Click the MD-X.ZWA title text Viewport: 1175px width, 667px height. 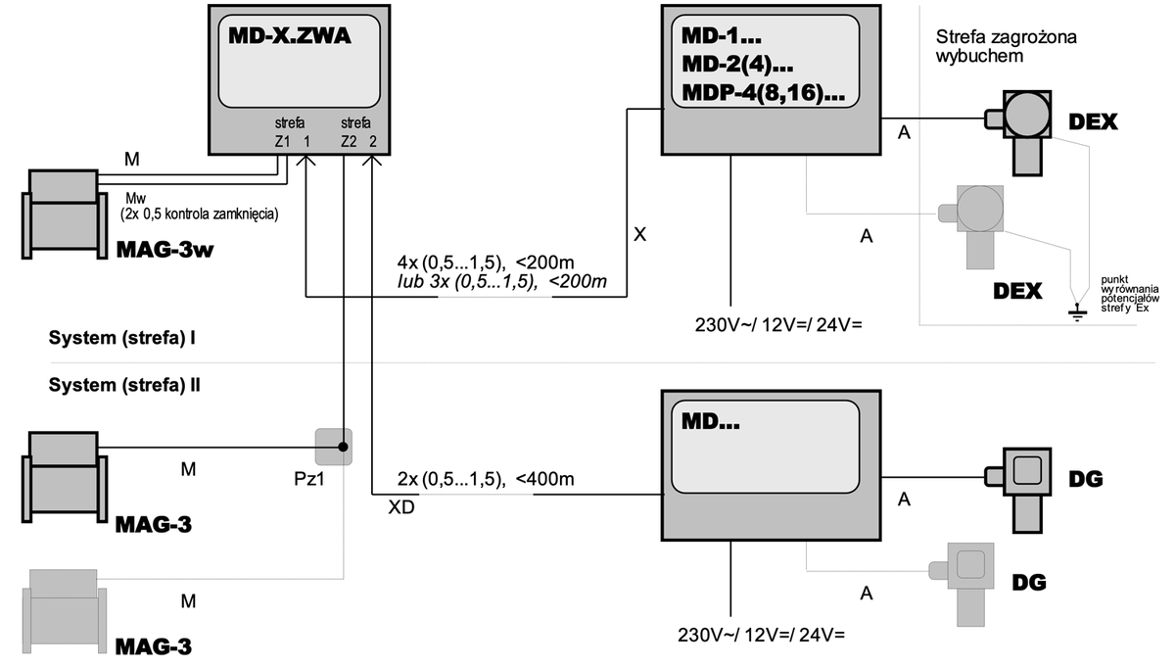tap(290, 35)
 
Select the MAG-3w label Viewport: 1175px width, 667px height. tap(164, 250)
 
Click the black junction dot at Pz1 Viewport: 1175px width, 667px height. tap(343, 448)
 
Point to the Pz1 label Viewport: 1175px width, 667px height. tap(309, 479)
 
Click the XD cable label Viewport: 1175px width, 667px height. tap(401, 507)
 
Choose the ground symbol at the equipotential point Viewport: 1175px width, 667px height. tap(1077, 312)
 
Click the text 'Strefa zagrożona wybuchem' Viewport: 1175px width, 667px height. tap(1006, 46)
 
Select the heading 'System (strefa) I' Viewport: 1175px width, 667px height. tap(121, 338)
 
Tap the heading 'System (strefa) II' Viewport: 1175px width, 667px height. tap(124, 385)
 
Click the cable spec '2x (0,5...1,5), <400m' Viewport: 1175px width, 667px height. tap(486, 479)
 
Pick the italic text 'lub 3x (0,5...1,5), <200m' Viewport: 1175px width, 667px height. tap(502, 282)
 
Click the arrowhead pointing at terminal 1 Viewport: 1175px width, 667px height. tap(305, 160)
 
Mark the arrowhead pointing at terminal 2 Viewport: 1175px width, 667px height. tap(372, 160)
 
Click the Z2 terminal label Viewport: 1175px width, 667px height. tap(349, 142)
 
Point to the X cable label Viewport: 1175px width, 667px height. tap(639, 235)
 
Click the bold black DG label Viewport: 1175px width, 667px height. tap(1086, 479)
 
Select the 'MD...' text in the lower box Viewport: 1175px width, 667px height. tap(710, 421)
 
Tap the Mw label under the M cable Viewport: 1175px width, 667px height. tap(135, 199)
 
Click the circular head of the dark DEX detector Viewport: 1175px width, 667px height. tap(1026, 115)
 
